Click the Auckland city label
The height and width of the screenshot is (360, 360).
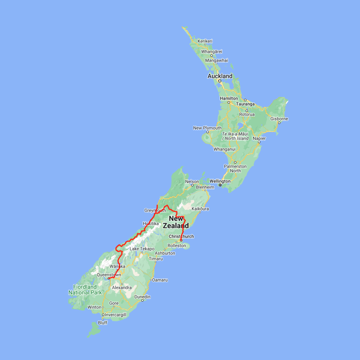coord(220,76)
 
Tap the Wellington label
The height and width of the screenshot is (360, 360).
coord(220,181)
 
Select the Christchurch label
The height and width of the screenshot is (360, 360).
coord(181,236)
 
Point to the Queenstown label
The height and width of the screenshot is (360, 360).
coord(109,275)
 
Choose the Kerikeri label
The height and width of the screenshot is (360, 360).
coord(205,41)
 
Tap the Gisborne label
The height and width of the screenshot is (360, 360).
coord(279,119)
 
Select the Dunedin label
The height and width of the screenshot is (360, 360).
coord(142,297)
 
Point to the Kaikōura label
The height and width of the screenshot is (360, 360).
coord(200,209)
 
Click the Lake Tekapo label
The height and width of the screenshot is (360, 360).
coord(142,249)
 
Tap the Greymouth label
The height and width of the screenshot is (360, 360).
coord(155,210)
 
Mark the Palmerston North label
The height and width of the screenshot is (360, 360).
coord(235,168)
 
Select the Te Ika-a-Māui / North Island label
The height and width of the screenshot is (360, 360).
coord(235,136)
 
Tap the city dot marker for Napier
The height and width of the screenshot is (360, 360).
coord(259,142)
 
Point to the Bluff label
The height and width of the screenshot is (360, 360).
coord(102,323)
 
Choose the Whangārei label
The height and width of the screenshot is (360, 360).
coord(212,52)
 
